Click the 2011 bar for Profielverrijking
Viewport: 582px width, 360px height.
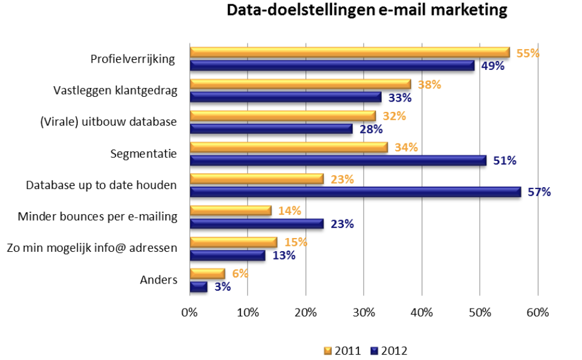349,53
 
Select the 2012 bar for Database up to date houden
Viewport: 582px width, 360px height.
355,191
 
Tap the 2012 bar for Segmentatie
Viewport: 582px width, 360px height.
338,160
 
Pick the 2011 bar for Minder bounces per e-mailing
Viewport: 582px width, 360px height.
231,210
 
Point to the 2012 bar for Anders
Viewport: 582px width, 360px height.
199,286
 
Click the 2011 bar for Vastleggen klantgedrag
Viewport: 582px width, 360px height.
300,84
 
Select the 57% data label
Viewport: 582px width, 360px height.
539,192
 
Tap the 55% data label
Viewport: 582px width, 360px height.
528,53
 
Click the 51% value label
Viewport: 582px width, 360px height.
504,160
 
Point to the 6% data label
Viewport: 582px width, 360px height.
239,273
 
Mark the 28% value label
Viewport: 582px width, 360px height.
371,129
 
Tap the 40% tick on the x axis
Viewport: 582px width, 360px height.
422,312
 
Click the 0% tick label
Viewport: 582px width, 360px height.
190,312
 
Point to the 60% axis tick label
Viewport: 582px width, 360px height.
538,312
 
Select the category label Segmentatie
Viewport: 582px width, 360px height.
144,154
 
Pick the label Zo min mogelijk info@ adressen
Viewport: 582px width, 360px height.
92,248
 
